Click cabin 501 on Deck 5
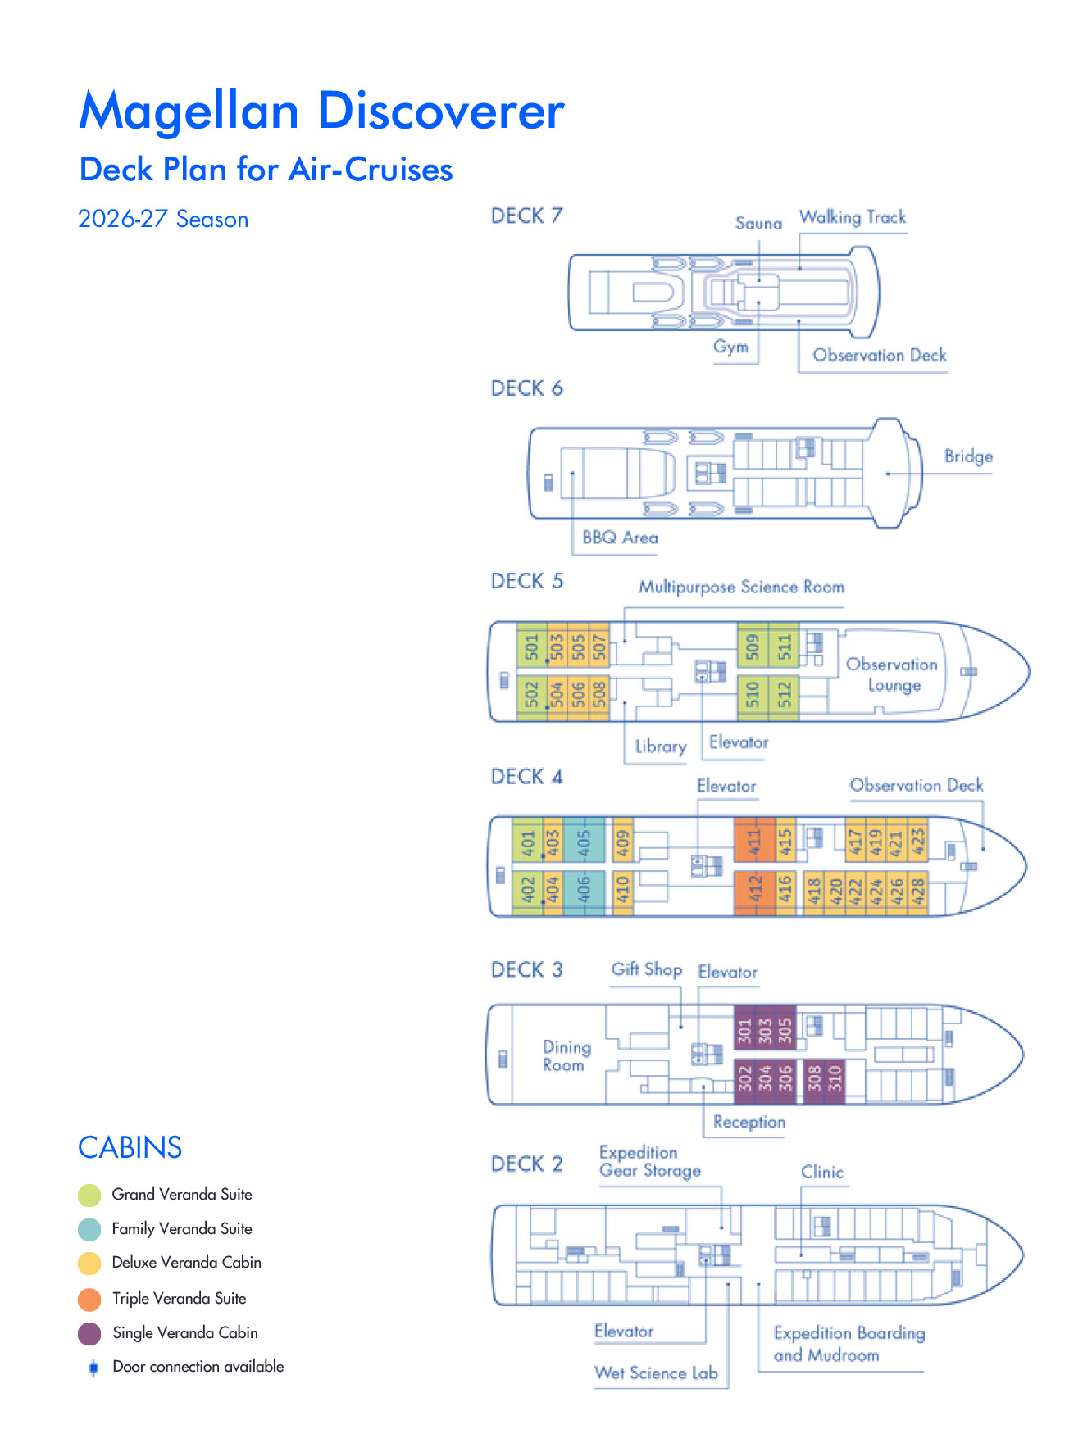[x=532, y=647]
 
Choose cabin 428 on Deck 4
[x=918, y=891]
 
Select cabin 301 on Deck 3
[x=744, y=1029]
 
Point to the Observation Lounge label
[x=892, y=674]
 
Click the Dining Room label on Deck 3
[x=567, y=1055]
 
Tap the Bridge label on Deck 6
[x=968, y=456]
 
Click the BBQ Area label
[x=620, y=538]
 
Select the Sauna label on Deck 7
[x=758, y=223]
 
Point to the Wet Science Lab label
[x=656, y=1373]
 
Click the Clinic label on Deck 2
[x=822, y=1172]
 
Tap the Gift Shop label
[x=647, y=969]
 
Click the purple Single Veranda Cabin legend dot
[x=89, y=1333]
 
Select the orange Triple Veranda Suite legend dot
[x=89, y=1299]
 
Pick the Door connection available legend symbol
[x=93, y=1367]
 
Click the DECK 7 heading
[x=526, y=216]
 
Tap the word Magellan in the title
[x=189, y=111]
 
